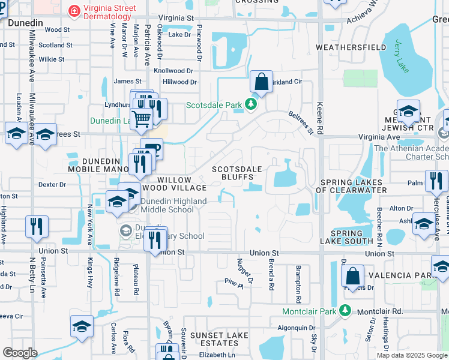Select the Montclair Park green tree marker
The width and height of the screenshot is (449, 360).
click(x=345, y=310)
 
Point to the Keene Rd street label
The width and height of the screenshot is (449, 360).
click(x=321, y=116)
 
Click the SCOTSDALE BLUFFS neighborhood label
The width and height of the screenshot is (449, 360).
click(x=238, y=173)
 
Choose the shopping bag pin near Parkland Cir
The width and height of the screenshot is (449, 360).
click(x=262, y=81)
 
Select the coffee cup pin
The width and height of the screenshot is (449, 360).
click(x=151, y=148)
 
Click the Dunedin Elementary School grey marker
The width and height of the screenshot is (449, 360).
click(x=126, y=230)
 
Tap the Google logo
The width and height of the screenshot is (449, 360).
click(x=20, y=353)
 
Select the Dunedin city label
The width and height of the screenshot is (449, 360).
click(x=25, y=22)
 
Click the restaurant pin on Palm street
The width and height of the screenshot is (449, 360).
click(x=436, y=180)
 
